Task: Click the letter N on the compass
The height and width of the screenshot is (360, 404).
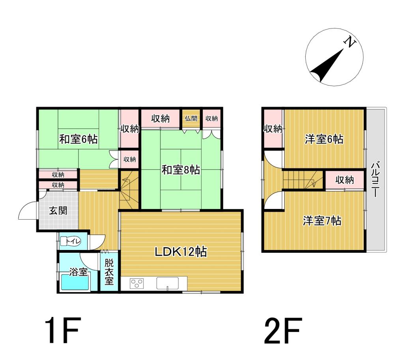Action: (x=349, y=42)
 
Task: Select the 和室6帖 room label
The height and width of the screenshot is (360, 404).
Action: (x=79, y=139)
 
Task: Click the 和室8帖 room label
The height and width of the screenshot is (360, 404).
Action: (x=181, y=170)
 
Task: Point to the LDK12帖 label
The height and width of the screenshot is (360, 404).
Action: (x=181, y=252)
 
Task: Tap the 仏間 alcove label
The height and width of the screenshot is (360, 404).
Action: (x=191, y=118)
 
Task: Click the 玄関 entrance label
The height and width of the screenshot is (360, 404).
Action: (x=58, y=210)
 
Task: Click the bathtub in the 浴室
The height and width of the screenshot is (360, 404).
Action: (x=75, y=283)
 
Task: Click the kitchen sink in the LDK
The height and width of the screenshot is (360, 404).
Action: (x=167, y=283)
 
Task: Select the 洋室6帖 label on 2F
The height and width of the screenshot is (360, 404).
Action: (x=324, y=139)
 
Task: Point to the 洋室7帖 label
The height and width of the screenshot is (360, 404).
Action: (x=322, y=221)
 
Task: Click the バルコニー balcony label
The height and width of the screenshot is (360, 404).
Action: (x=376, y=179)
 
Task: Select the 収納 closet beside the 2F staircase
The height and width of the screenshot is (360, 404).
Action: (x=344, y=180)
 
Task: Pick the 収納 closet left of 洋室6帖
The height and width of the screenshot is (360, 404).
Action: (x=273, y=129)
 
